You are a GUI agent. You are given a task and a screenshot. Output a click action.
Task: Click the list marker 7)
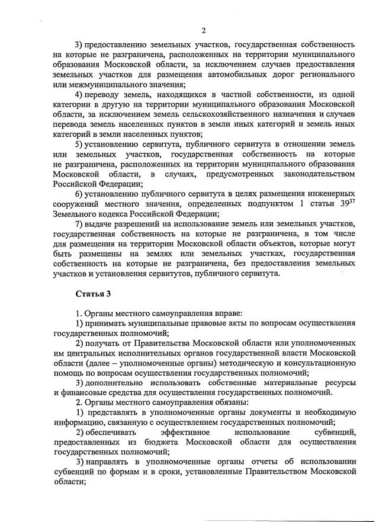(81, 223)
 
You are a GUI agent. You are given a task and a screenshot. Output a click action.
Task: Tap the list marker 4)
(81, 96)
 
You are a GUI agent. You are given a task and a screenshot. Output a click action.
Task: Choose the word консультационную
(317, 362)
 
